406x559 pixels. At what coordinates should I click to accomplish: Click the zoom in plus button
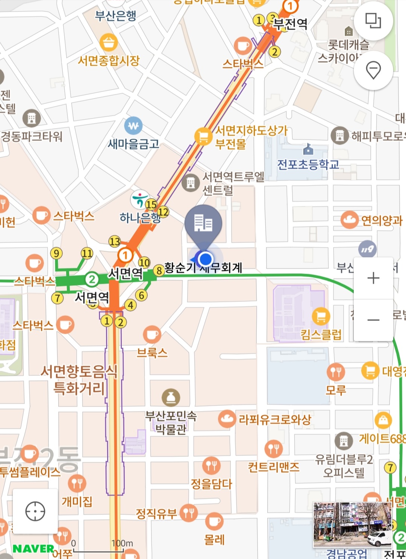coord(373,278)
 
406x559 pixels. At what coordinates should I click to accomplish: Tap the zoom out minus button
coord(373,320)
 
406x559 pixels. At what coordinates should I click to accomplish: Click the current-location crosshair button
coord(35,511)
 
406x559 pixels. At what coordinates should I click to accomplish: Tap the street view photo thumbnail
coord(352,524)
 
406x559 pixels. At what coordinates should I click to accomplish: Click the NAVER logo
coord(33,549)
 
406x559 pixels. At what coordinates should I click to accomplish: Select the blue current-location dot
coord(205,259)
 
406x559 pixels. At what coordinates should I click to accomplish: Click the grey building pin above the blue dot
coord(203,224)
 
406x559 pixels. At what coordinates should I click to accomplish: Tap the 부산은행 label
coord(115,16)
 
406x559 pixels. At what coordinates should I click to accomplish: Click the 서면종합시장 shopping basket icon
coord(109,42)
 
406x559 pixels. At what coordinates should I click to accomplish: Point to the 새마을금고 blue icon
coord(133,126)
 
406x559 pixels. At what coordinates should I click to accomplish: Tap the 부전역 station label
coord(290,24)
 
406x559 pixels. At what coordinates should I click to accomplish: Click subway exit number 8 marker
coord(159,270)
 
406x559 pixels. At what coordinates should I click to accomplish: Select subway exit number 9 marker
coord(56,253)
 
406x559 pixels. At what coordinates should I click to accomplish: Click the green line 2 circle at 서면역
coord(91,279)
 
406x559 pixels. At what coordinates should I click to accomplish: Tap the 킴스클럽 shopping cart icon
coord(321,316)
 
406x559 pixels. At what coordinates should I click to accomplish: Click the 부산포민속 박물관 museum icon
coord(171,397)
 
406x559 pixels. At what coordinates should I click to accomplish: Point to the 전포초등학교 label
coord(308,164)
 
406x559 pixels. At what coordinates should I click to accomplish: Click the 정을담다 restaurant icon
coord(211,466)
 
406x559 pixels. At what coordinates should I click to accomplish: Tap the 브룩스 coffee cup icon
coord(152,334)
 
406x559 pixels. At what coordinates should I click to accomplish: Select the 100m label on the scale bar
coord(122,543)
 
